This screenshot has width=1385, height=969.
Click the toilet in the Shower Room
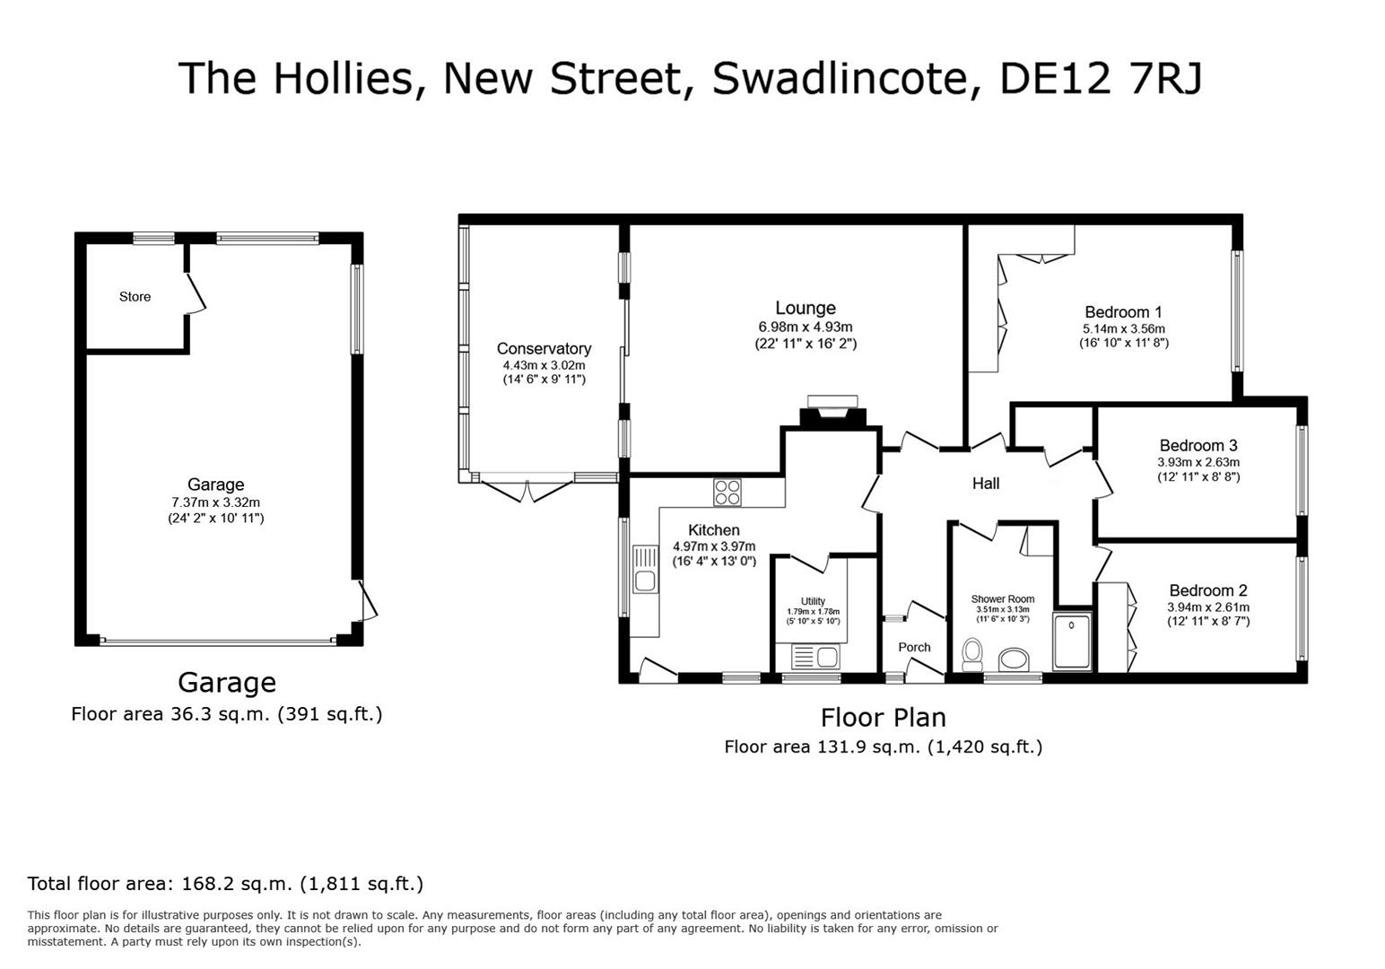click(x=971, y=655)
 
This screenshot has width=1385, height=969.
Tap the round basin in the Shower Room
click(x=1015, y=660)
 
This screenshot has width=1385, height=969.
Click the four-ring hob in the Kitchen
click(x=727, y=492)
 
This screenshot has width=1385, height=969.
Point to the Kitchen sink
click(x=644, y=569)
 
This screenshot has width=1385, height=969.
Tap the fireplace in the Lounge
click(x=832, y=413)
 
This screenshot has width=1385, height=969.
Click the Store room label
click(x=135, y=296)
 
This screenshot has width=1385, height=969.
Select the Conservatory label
click(x=544, y=348)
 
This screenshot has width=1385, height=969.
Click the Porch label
click(x=914, y=647)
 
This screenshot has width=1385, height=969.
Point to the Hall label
click(x=986, y=484)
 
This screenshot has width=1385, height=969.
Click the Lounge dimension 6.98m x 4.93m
click(x=806, y=327)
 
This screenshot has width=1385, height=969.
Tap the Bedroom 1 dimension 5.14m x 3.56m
click(x=1123, y=328)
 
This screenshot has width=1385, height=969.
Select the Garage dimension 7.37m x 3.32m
click(x=215, y=502)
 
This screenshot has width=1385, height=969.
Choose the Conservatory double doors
click(x=527, y=490)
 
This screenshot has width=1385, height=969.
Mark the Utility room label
click(x=813, y=601)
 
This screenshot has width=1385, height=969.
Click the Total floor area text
click(x=225, y=883)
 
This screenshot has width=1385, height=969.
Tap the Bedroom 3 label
click(x=1198, y=445)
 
